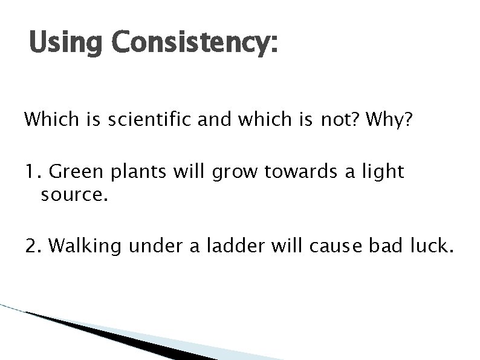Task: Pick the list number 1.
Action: click(33, 172)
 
